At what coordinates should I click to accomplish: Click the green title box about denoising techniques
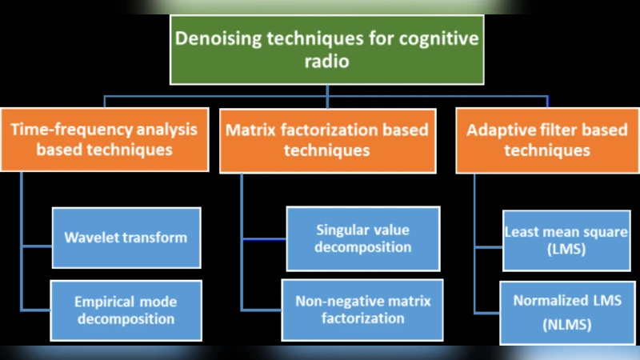tap(326, 50)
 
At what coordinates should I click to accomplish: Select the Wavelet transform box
tap(126, 238)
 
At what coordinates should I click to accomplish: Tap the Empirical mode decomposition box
tap(126, 310)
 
